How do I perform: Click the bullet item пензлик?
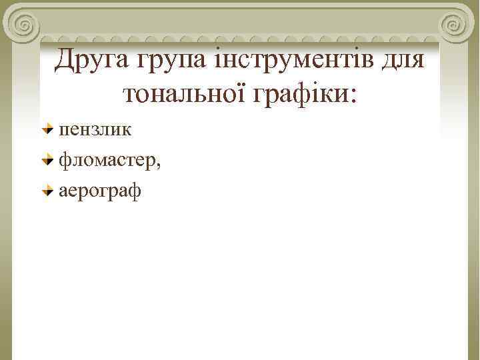click(x=95, y=129)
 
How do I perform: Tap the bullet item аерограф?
click(x=100, y=192)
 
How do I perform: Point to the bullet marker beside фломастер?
click(x=47, y=160)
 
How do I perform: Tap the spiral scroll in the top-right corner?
click(x=454, y=26)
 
